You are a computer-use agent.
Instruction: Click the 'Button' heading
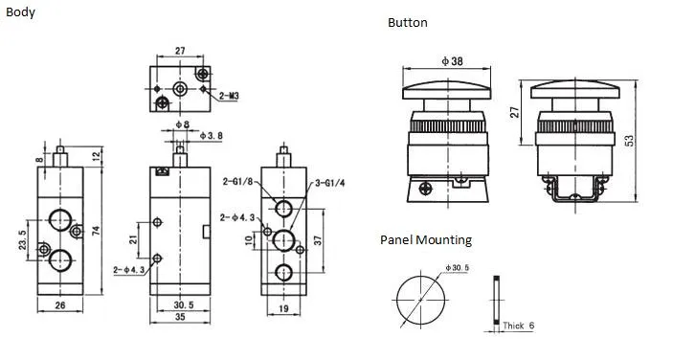[x=407, y=22]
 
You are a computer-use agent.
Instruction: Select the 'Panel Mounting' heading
[x=425, y=240]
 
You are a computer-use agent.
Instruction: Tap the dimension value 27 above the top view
[x=180, y=52]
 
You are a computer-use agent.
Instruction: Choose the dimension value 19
[x=284, y=307]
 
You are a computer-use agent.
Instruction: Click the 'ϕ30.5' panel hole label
[x=458, y=267]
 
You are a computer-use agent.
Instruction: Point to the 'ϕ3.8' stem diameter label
[x=212, y=136]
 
